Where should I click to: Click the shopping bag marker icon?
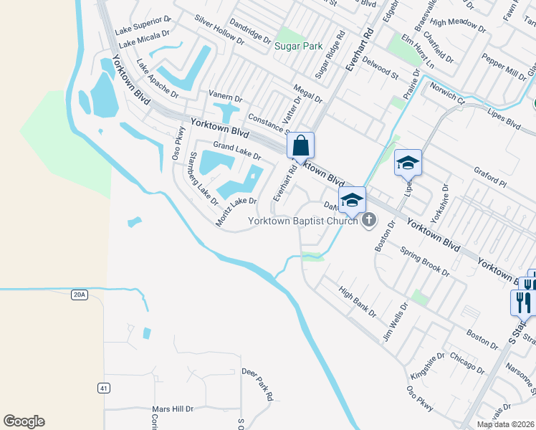tap(302, 145)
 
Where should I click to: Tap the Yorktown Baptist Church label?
tap(302, 221)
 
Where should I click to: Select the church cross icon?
tap(369, 220)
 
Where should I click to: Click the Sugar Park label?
tap(297, 46)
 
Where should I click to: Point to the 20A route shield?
tap(79, 294)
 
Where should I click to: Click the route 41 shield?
tap(105, 388)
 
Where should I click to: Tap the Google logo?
tap(24, 421)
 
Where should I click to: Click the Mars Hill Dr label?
tap(173, 409)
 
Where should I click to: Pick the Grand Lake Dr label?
tap(236, 150)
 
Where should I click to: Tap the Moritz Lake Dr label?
tap(236, 211)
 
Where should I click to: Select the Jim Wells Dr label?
tap(395, 320)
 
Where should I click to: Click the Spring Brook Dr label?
tap(425, 262)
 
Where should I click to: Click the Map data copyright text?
tap(505, 424)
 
